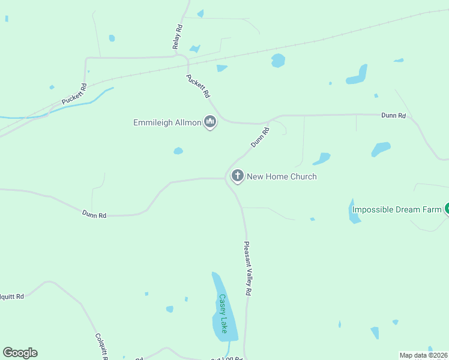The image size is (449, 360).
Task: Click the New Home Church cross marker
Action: [238, 176]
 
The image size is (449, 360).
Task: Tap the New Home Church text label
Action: [282, 176]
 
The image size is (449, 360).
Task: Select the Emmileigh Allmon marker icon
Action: [210, 122]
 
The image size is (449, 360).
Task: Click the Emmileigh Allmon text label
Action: [167, 123]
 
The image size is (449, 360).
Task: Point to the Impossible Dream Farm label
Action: [396, 209]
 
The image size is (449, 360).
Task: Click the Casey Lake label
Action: [223, 314]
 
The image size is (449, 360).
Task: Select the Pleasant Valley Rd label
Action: [247, 268]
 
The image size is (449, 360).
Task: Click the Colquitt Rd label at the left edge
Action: [11, 296]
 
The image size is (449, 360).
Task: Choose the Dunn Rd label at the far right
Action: [394, 115]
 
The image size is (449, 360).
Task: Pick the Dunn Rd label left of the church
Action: [94, 214]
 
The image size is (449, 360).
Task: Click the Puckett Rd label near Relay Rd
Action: [199, 86]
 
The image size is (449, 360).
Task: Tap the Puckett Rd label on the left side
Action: [74, 94]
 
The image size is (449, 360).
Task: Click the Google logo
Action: [20, 353]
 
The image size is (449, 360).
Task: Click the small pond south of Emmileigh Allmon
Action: [178, 151]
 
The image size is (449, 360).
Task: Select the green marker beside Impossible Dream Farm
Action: [447, 209]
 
